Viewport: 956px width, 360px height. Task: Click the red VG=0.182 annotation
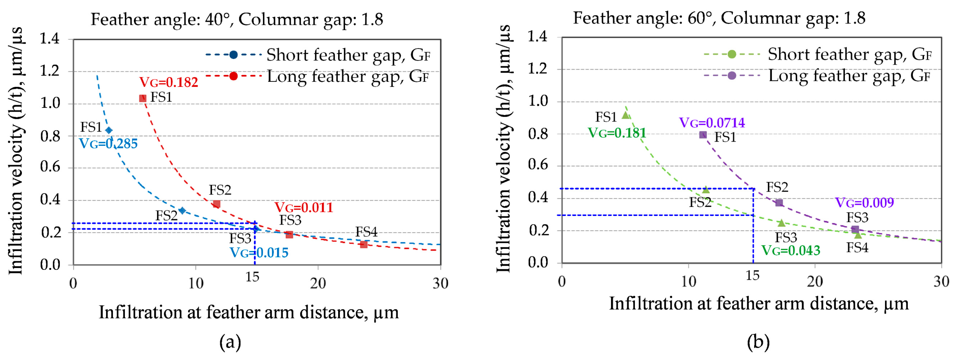pyautogui.click(x=169, y=82)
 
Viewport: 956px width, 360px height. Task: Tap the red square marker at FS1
pyautogui.click(x=143, y=98)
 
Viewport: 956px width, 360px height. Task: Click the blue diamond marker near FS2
pyautogui.click(x=182, y=211)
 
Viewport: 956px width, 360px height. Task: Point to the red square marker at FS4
pyautogui.click(x=364, y=244)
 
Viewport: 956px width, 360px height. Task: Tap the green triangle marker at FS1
pyautogui.click(x=625, y=115)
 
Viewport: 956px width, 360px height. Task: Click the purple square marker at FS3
pyautogui.click(x=855, y=229)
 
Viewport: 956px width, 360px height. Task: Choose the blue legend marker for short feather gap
pyautogui.click(x=233, y=55)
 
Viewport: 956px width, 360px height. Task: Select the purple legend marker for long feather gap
pyautogui.click(x=731, y=76)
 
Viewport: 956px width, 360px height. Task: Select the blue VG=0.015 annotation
pyautogui.click(x=259, y=253)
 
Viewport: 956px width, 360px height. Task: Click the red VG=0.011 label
pyautogui.click(x=304, y=208)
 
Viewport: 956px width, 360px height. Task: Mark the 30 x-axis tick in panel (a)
pyautogui.click(x=440, y=284)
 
